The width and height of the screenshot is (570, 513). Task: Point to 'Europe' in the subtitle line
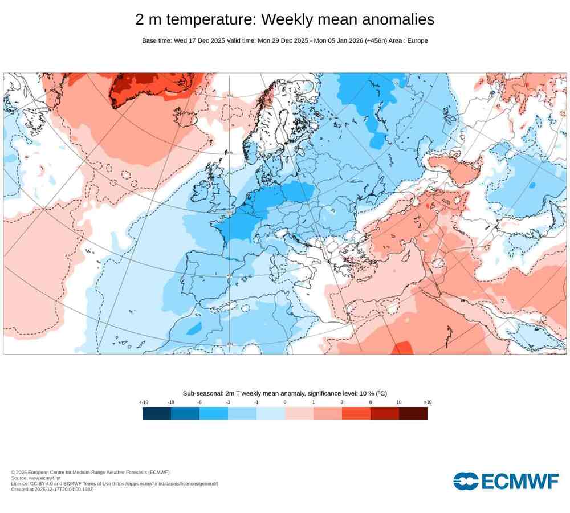(x=416, y=40)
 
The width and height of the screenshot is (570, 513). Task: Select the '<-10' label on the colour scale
(x=144, y=402)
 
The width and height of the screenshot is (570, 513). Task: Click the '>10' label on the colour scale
(x=427, y=402)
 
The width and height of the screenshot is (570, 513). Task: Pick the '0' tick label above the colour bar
(x=285, y=402)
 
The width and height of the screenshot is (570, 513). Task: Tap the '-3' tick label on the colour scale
(x=228, y=402)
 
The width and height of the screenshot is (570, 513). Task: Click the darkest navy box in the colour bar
(x=157, y=413)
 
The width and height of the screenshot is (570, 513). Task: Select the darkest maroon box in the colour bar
(x=413, y=413)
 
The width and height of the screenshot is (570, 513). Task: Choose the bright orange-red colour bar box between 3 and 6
(x=356, y=413)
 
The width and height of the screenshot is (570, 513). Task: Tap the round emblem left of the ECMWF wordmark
(x=466, y=481)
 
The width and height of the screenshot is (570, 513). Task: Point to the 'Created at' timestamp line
(x=51, y=489)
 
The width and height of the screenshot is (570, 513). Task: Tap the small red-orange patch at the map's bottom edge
(x=402, y=347)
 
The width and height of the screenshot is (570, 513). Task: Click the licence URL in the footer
(x=165, y=483)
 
